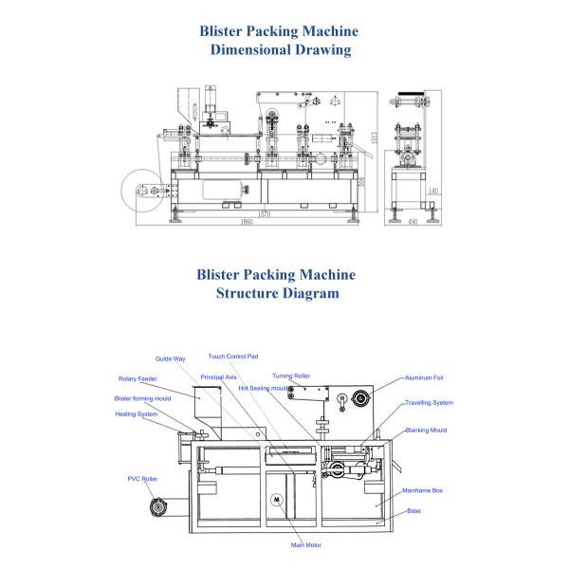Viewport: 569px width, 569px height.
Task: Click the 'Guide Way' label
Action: point(171,359)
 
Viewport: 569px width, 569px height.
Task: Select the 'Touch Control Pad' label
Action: point(233,356)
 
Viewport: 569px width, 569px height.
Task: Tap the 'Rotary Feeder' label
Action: point(137,378)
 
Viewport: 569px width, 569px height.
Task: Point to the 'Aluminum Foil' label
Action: point(424,377)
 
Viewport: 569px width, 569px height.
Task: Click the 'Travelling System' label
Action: point(430,403)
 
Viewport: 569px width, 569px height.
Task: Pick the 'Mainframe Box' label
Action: point(423,490)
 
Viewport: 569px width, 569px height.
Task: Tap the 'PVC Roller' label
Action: point(142,480)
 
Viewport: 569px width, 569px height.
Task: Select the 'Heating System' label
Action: point(137,413)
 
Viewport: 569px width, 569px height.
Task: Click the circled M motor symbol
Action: point(278,500)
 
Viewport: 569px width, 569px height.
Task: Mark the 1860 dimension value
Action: point(247,221)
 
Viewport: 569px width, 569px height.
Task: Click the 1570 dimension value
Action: point(265,213)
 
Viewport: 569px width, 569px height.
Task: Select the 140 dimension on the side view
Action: point(433,192)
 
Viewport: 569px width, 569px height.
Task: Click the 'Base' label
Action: point(414,510)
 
